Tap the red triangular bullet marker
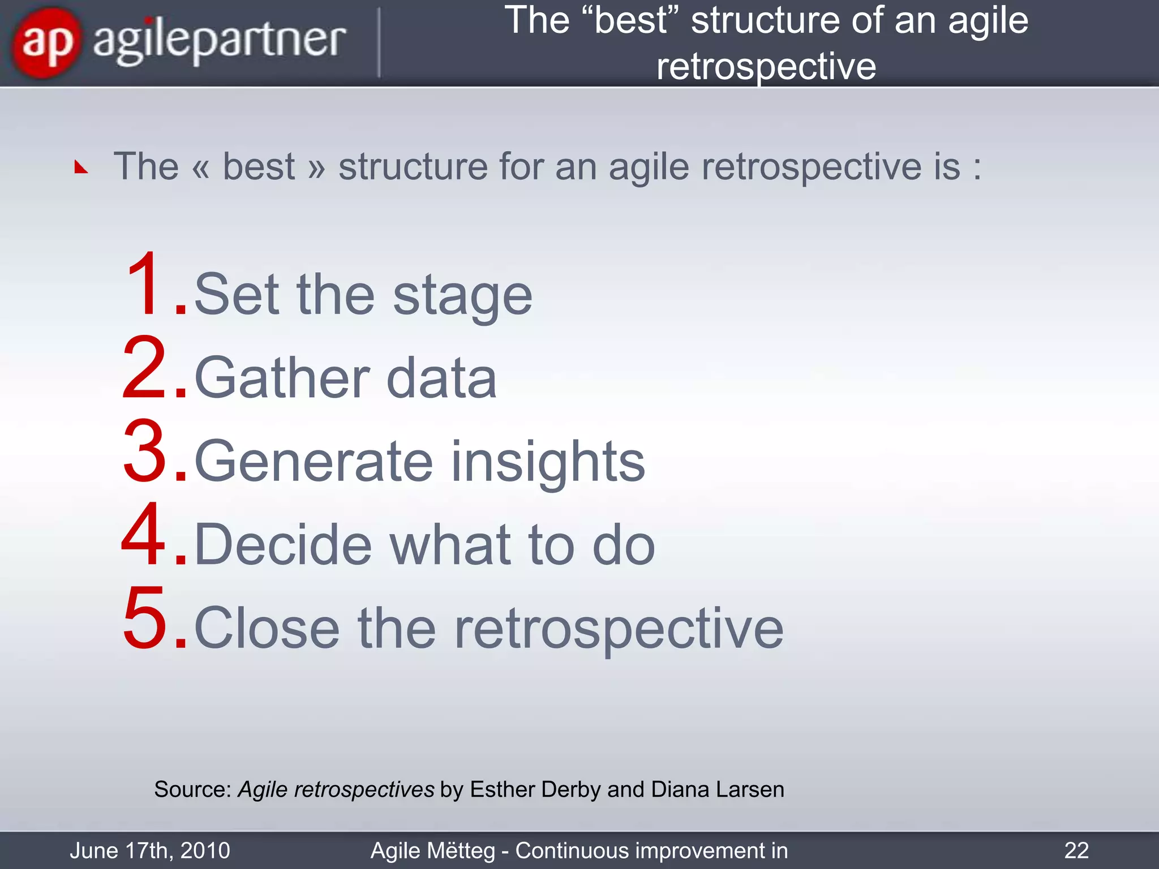pos(81,167)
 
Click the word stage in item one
pos(462,296)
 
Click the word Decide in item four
pos(283,544)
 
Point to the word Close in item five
pos(267,628)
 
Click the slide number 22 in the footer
pos(1076,850)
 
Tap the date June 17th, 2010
pos(150,850)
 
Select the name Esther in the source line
pos(502,789)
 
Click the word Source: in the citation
pos(192,789)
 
